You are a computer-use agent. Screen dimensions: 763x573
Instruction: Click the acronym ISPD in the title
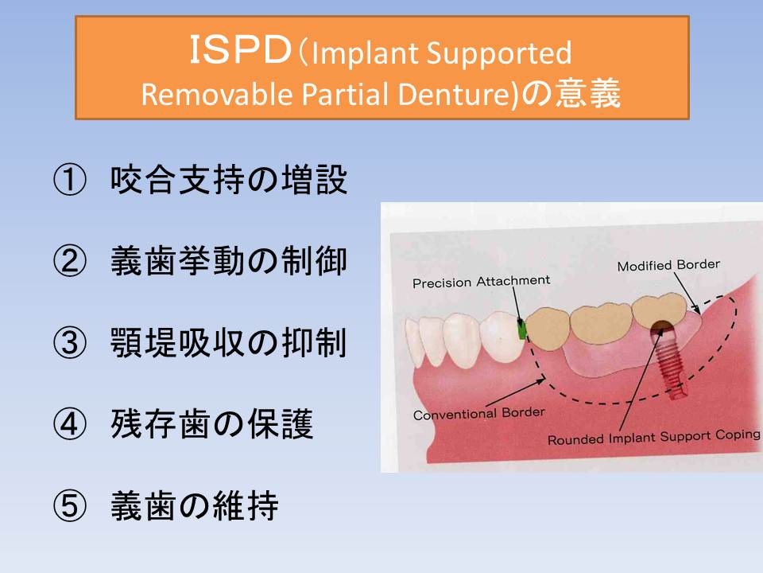(240, 50)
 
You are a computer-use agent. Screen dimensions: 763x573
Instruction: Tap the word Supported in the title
(499, 53)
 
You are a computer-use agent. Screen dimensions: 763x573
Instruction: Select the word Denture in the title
(455, 94)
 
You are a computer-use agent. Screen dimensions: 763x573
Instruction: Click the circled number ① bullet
(70, 180)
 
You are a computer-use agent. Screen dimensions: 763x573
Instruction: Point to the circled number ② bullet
(70, 261)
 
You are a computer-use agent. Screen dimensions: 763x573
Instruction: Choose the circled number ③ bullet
(70, 342)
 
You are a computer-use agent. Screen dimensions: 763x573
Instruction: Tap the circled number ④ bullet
(70, 424)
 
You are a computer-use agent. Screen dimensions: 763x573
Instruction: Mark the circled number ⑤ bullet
(70, 505)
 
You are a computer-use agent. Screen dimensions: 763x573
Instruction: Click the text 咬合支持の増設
(229, 180)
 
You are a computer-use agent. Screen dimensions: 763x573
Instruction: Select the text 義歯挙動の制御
(229, 261)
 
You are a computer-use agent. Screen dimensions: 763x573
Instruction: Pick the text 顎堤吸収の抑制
(229, 342)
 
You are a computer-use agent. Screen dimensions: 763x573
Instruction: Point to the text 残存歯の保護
(211, 424)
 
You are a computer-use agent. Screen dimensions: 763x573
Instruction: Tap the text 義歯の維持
(195, 505)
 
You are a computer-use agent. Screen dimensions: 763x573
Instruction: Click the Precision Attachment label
(482, 282)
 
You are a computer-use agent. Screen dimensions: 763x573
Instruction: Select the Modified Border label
(668, 265)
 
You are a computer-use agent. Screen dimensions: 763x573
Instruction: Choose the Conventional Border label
(478, 414)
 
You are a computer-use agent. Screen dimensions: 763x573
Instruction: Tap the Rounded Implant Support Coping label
(653, 437)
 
